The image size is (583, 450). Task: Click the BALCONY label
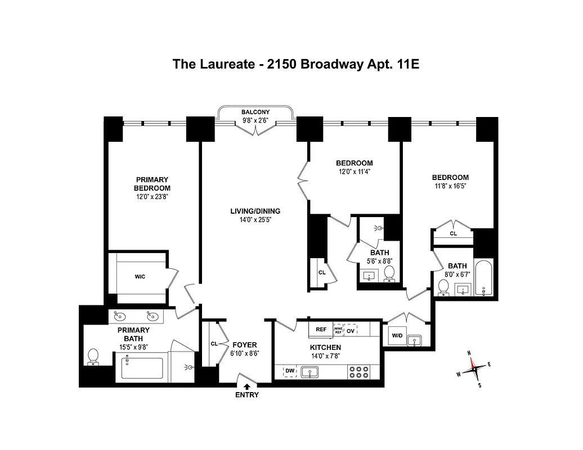pyautogui.click(x=255, y=112)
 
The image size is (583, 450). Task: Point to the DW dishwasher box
pyautogui.click(x=290, y=371)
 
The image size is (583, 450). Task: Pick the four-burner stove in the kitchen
pyautogui.click(x=360, y=371)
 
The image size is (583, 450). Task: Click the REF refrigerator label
pyautogui.click(x=321, y=330)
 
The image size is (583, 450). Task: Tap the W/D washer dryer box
pyautogui.click(x=397, y=336)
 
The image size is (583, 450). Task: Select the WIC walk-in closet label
pyautogui.click(x=140, y=277)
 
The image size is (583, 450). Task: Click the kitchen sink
pyautogui.click(x=310, y=371)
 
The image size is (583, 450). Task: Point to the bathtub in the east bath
pyautogui.click(x=484, y=278)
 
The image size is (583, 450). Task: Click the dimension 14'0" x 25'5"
pyautogui.click(x=255, y=220)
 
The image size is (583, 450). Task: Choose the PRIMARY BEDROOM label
pyautogui.click(x=152, y=184)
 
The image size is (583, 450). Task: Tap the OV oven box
pyautogui.click(x=351, y=330)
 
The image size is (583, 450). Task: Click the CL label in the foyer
pyautogui.click(x=214, y=343)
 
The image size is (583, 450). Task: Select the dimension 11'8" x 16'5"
pyautogui.click(x=450, y=185)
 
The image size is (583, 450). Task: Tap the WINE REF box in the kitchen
pyautogui.click(x=338, y=330)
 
